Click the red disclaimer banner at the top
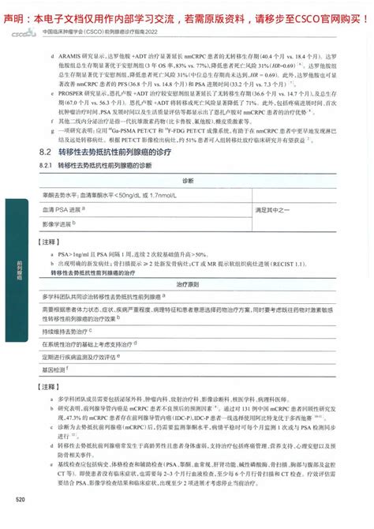pos(187,9)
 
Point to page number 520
pos(21,520)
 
